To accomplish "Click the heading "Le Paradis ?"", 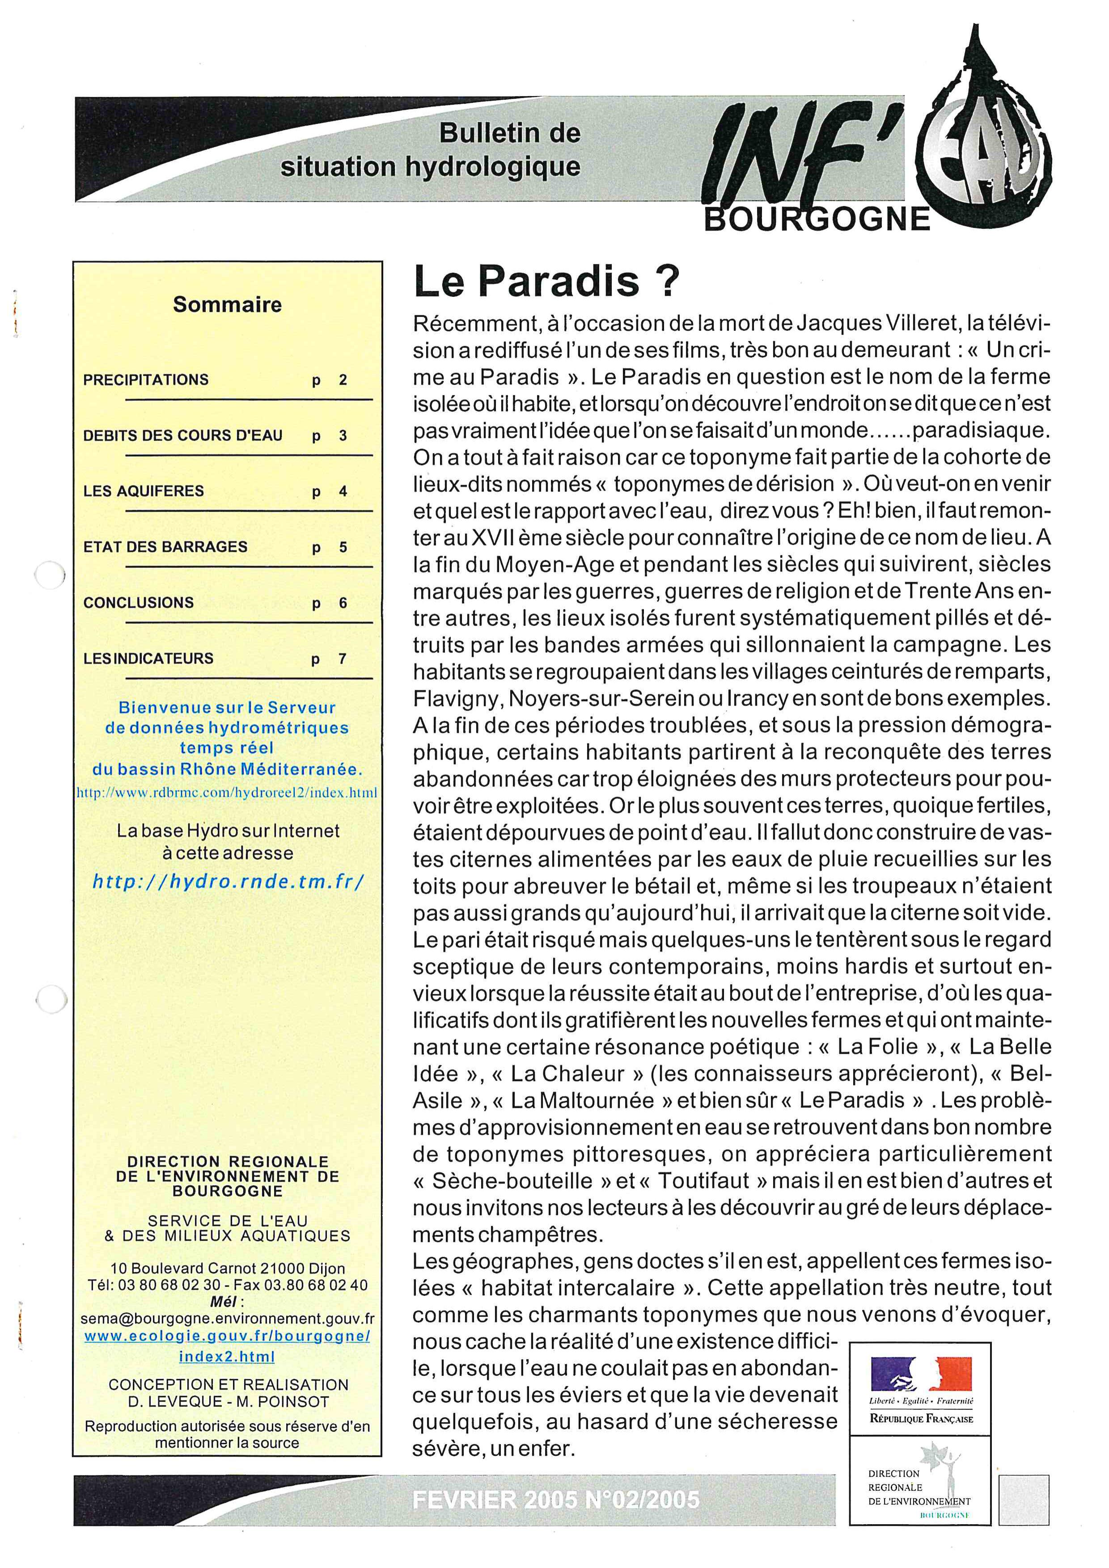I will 546,283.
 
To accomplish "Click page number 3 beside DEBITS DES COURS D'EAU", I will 343,436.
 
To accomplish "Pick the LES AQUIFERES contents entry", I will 144,491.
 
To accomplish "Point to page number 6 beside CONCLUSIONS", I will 343,603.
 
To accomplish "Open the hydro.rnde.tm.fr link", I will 228,882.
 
